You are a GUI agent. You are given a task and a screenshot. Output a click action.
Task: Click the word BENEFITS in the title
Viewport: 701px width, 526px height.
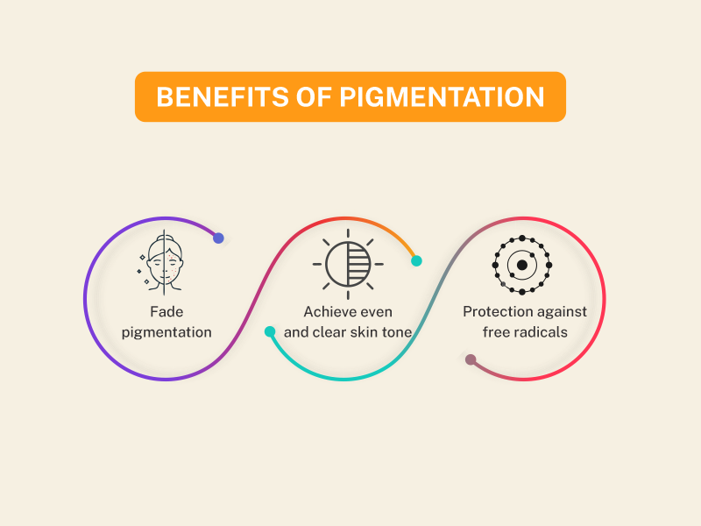(x=223, y=96)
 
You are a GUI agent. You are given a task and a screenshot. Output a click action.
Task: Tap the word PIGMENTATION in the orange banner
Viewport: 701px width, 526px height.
(x=442, y=96)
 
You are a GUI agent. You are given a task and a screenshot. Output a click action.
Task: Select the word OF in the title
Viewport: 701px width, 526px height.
(x=314, y=96)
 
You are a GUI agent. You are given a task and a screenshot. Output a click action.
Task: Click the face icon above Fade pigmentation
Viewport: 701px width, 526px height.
(x=162, y=263)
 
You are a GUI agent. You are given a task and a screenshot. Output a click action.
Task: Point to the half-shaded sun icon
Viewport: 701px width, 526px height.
(x=348, y=264)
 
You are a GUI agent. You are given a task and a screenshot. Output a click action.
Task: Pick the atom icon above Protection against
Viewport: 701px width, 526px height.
(x=521, y=265)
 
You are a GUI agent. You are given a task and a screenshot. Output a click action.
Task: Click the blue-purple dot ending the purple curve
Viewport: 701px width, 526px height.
(x=218, y=238)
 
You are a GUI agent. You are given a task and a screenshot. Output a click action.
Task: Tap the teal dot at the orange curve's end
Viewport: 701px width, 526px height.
(x=416, y=260)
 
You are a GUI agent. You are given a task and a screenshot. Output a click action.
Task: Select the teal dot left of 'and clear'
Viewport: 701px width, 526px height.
(x=270, y=331)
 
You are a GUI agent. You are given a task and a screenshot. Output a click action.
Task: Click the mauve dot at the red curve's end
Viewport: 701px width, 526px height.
(x=471, y=359)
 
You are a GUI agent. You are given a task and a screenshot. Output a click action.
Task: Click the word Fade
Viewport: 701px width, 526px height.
(x=166, y=312)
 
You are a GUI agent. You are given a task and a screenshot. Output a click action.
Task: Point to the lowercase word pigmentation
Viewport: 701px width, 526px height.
(x=166, y=332)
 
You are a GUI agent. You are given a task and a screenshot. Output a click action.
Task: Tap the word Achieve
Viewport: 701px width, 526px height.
(x=325, y=312)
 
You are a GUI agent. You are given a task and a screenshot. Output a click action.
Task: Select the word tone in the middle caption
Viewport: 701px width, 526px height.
(x=397, y=332)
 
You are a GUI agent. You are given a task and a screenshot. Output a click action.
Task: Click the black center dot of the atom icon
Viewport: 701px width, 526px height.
(x=521, y=265)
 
